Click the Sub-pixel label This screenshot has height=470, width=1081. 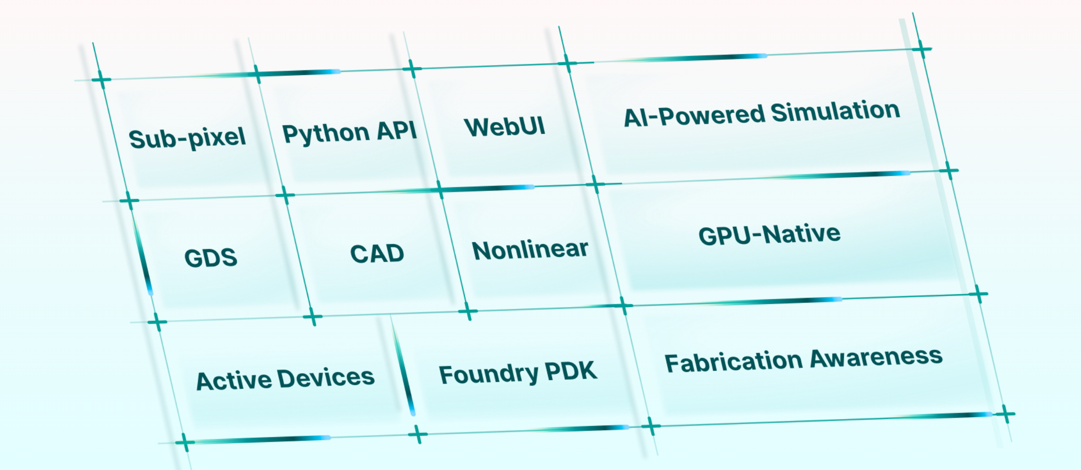tap(187, 138)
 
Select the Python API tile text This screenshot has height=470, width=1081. tap(349, 132)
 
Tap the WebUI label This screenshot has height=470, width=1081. tap(505, 126)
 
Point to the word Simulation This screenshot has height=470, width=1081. tap(835, 112)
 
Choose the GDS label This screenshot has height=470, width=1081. tap(211, 257)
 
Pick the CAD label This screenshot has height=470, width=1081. tap(377, 253)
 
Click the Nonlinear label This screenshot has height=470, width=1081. tap(530, 250)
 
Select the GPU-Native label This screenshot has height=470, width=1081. tap(769, 235)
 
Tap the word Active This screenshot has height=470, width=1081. tap(234, 381)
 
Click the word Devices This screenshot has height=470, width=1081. tap(326, 378)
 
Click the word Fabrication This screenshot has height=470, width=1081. tap(733, 361)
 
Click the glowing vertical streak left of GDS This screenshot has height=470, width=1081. tap(143, 257)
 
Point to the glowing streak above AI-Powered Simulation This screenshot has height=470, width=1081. tap(697, 58)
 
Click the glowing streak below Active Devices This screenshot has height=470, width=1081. tap(262, 440)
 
